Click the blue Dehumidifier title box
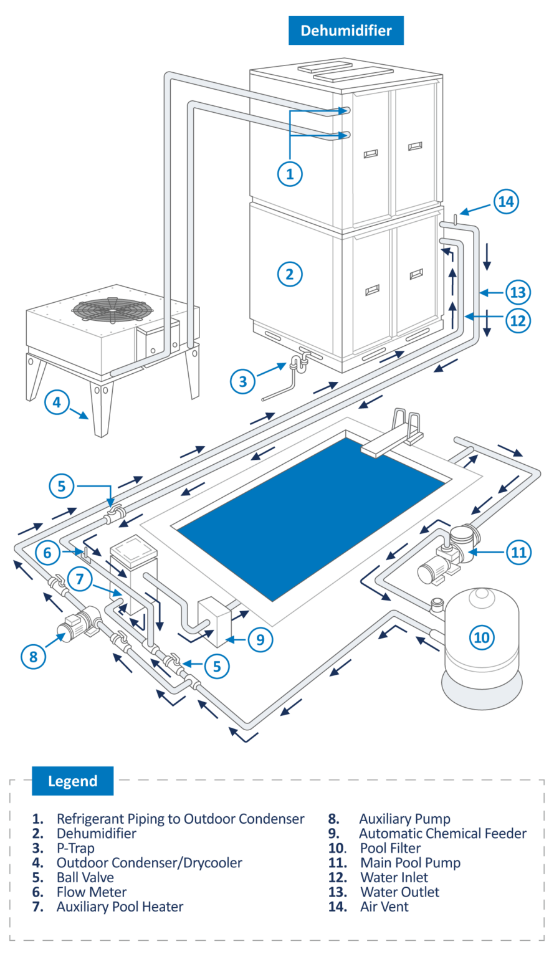point(346,31)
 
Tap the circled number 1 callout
point(290,174)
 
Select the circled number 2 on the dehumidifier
point(290,274)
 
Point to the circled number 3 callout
point(243,381)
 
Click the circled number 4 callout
point(57,402)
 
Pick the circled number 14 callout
point(506,201)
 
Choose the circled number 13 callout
point(518,292)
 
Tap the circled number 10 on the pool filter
point(482,637)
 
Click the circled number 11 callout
point(518,552)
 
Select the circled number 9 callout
point(260,639)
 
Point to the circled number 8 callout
point(34,655)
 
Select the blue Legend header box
point(72,781)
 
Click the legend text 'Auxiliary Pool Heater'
point(120,907)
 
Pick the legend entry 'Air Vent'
point(384,907)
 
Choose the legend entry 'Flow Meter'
point(92,892)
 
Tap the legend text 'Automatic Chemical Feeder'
point(442,833)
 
